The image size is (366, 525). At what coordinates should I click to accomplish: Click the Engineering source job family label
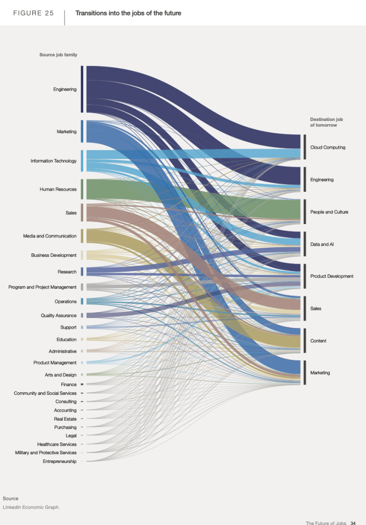(65, 89)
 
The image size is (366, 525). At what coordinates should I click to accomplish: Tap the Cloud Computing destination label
(328, 148)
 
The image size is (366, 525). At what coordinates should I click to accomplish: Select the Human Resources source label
(58, 189)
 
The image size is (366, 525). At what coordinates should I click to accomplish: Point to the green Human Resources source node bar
(82, 189)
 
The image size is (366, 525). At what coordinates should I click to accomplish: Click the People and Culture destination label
(329, 212)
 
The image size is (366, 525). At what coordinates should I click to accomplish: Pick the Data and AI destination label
(322, 244)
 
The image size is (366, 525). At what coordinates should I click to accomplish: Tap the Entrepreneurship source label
(59, 461)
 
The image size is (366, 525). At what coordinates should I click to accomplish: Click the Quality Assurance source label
(58, 315)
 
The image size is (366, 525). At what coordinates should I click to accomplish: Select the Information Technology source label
(53, 161)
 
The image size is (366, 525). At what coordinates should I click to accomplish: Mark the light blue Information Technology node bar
(82, 161)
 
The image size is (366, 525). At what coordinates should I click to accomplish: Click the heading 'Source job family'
(58, 55)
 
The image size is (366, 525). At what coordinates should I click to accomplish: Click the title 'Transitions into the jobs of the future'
(128, 13)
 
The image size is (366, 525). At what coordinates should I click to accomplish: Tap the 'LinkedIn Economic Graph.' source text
(31, 507)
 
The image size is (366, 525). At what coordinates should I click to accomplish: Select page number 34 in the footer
(353, 523)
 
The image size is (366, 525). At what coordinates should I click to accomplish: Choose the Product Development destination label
(332, 276)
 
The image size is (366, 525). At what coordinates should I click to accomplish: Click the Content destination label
(319, 340)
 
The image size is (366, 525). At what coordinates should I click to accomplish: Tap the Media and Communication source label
(50, 236)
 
